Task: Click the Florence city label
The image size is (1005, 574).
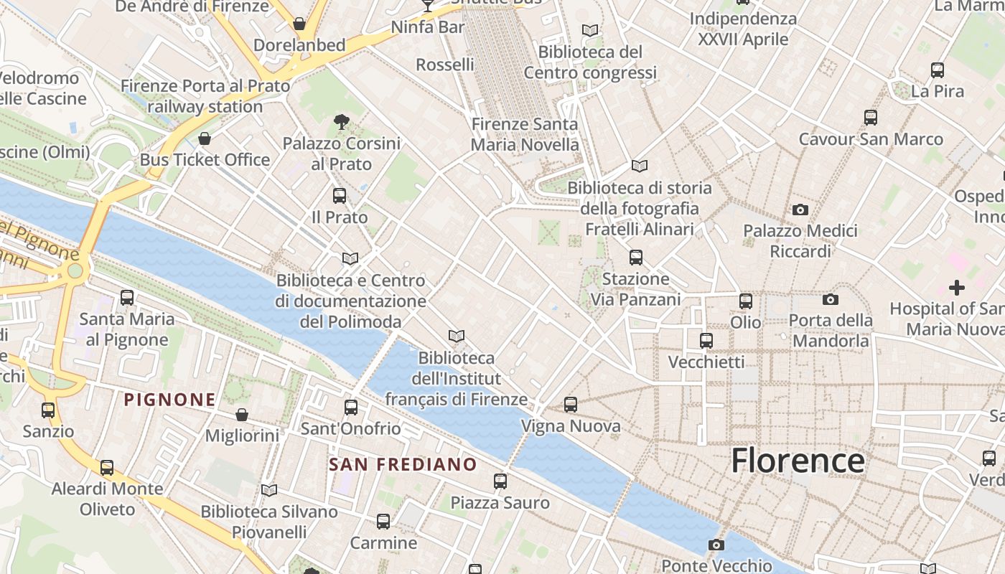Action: tap(798, 461)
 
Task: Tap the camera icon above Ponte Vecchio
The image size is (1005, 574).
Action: tap(716, 545)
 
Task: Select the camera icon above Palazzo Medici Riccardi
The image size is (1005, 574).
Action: tap(800, 210)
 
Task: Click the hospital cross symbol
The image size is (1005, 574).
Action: tap(956, 288)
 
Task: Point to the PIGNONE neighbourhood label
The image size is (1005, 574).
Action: tap(169, 400)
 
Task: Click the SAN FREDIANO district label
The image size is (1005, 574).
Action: tap(403, 464)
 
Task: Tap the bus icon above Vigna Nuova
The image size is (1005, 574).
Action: tap(571, 405)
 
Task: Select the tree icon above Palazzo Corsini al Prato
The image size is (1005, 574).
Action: tap(342, 122)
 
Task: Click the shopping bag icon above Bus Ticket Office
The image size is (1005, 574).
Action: tap(205, 138)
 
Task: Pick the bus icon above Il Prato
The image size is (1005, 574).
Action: tap(340, 195)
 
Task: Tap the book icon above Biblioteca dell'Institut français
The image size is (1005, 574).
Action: tap(456, 336)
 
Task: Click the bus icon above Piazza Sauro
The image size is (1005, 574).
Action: tap(500, 481)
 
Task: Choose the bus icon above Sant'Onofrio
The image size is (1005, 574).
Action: tap(351, 408)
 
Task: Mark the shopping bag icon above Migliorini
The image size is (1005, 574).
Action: tap(242, 415)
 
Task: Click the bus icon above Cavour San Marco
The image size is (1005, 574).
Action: tap(871, 118)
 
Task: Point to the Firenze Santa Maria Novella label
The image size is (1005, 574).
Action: tap(524, 134)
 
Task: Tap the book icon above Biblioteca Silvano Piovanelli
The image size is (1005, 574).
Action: tap(269, 490)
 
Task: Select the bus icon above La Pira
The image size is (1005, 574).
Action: tap(937, 70)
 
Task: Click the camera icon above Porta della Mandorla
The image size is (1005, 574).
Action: tap(831, 299)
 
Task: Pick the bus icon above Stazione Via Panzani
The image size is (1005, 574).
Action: tap(635, 258)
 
